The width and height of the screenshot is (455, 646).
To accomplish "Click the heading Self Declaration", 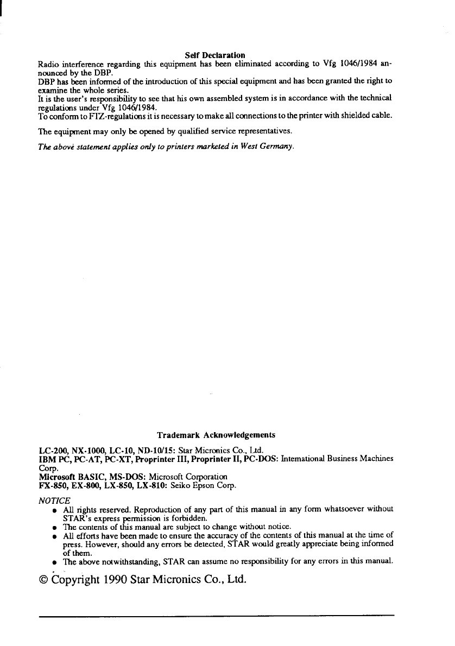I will pos(214,55).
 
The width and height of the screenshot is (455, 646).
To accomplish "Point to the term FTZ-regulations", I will pos(96,115).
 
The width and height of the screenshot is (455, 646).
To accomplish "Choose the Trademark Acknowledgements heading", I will pos(216,435).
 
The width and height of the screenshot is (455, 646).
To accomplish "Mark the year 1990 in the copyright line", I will pos(130,580).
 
